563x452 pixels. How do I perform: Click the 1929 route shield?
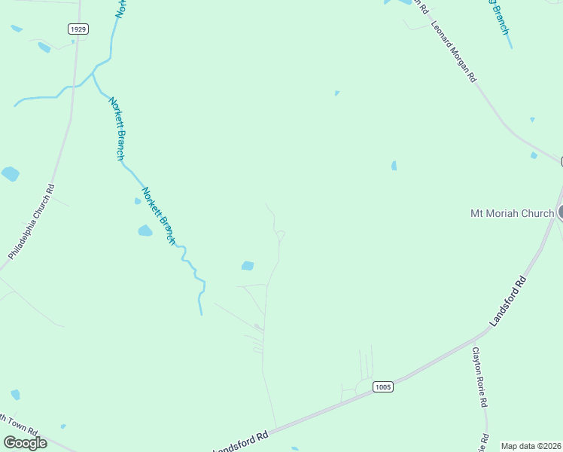pyautogui.click(x=78, y=29)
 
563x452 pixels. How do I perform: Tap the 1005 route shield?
pyautogui.click(x=383, y=386)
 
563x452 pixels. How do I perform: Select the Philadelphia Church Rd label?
pyautogui.click(x=32, y=222)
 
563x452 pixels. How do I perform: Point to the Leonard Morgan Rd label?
pyautogui.click(x=454, y=50)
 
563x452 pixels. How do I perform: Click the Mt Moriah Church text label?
pyautogui.click(x=512, y=213)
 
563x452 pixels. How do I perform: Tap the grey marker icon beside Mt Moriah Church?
pyautogui.click(x=560, y=212)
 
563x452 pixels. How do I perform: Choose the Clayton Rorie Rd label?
pyautogui.click(x=479, y=377)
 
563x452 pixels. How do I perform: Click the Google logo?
pyautogui.click(x=25, y=442)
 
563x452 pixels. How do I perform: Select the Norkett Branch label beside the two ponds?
pyautogui.click(x=159, y=215)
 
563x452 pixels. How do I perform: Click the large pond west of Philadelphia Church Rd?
pyautogui.click(x=11, y=174)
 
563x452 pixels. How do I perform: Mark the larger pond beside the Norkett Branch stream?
pyautogui.click(x=145, y=231)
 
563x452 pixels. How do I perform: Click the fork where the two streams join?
pyautogui.click(x=94, y=71)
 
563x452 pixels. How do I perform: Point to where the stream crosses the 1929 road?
pyautogui.click(x=75, y=86)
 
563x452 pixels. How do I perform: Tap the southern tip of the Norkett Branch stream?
pyautogui.click(x=201, y=313)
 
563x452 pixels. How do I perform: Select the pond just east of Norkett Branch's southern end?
pyautogui.click(x=247, y=265)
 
